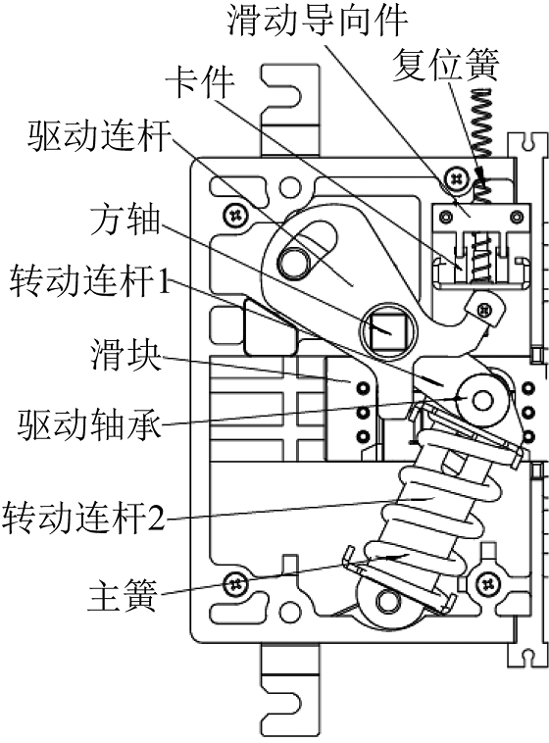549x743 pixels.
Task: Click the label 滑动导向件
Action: coord(318,21)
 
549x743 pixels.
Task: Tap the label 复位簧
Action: coord(446,65)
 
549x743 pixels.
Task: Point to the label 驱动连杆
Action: coord(99,135)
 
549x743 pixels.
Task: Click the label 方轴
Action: coord(125,220)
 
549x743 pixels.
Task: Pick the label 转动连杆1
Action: coord(90,280)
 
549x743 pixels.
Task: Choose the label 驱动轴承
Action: coord(89,423)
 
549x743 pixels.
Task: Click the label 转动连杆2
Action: coord(83,517)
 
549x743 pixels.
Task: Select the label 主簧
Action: coord(123,596)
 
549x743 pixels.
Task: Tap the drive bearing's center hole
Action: coord(482,400)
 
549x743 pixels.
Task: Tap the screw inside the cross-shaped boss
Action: coord(488,584)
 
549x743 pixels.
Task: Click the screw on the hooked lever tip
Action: coord(484,310)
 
